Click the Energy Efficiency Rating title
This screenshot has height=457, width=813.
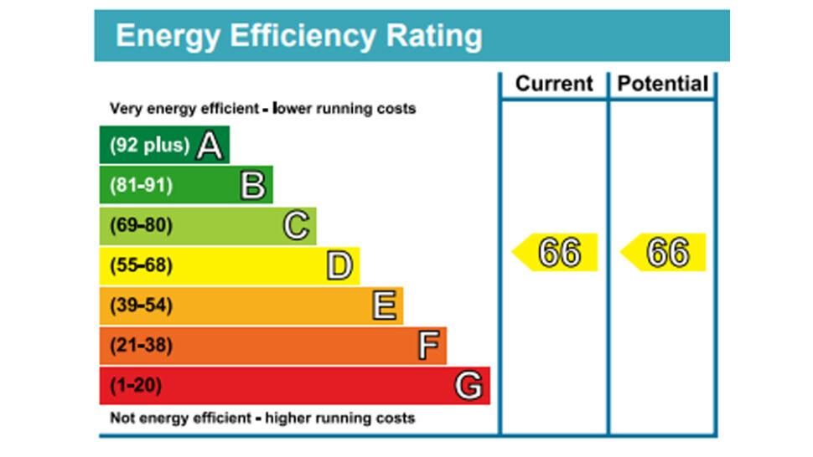(298, 36)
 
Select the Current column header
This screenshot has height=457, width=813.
(554, 84)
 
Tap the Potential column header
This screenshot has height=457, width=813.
(663, 84)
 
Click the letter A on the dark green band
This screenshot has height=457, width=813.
(210, 146)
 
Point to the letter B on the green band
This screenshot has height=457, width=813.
(253, 186)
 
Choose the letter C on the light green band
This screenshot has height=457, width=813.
(297, 226)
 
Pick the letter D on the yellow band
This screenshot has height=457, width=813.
(339, 266)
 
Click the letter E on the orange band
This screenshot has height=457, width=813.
(384, 306)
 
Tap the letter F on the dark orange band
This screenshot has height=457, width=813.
(428, 346)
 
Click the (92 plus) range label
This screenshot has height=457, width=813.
(149, 146)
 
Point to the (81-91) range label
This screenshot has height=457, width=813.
(141, 186)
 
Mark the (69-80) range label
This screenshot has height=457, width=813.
(141, 226)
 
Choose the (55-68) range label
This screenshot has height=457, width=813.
(141, 266)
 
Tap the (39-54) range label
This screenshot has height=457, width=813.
(141, 306)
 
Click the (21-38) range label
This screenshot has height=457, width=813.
(141, 346)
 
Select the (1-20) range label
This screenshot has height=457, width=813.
(136, 386)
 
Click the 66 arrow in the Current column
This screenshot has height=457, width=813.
(557, 252)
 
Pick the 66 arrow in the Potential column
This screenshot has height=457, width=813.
(665, 252)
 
